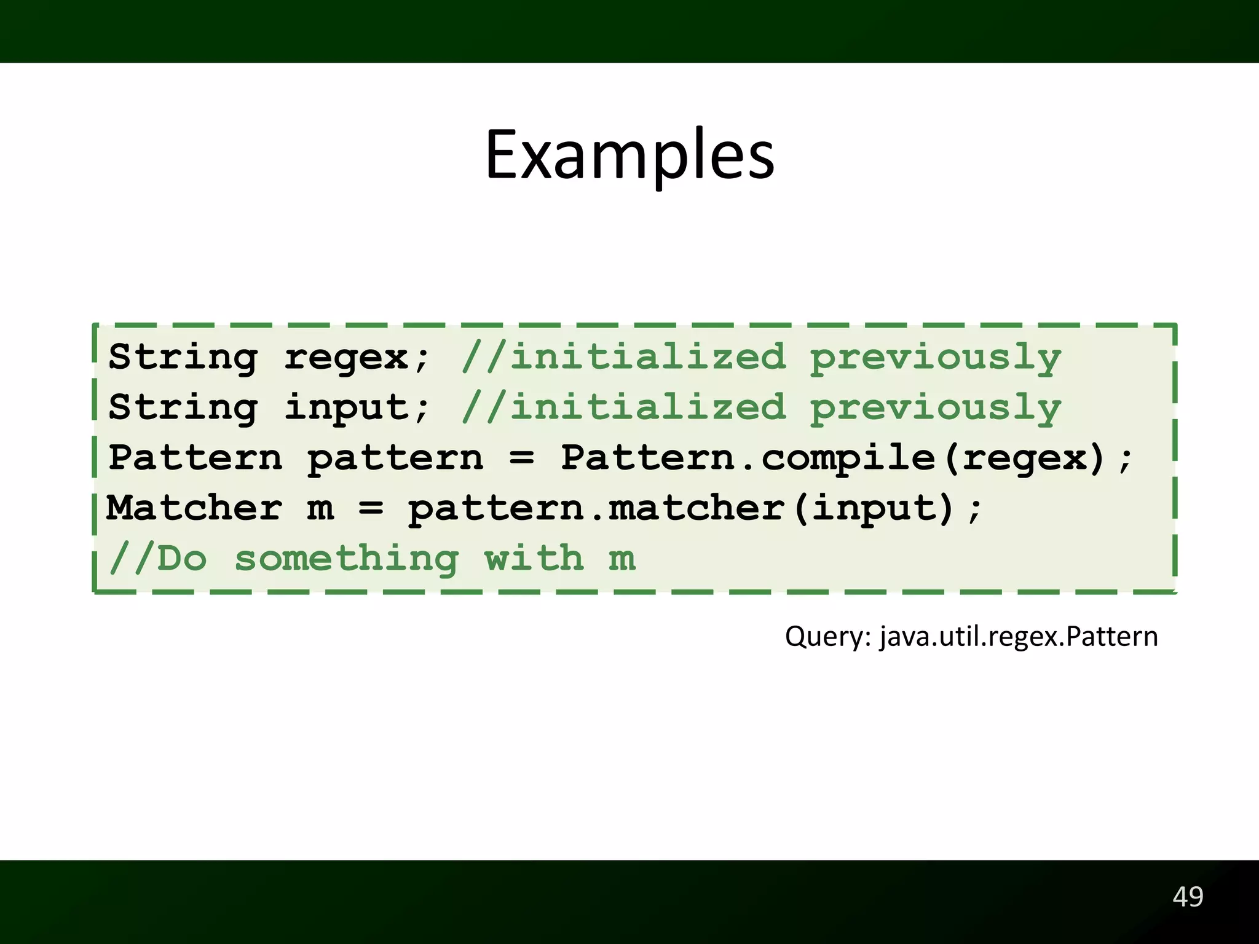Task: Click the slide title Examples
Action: (629, 155)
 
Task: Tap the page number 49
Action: (1188, 897)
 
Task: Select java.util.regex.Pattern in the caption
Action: (1019, 637)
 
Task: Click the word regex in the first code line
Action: (346, 358)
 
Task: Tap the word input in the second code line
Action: (346, 407)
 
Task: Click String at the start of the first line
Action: (183, 358)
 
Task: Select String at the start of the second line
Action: (183, 407)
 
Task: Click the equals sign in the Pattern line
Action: (522, 458)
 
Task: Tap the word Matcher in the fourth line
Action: (194, 508)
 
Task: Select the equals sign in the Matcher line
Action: (371, 509)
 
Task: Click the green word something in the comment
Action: (346, 559)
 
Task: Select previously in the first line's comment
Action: (935, 358)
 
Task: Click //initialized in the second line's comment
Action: (623, 407)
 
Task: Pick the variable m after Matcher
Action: (320, 509)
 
